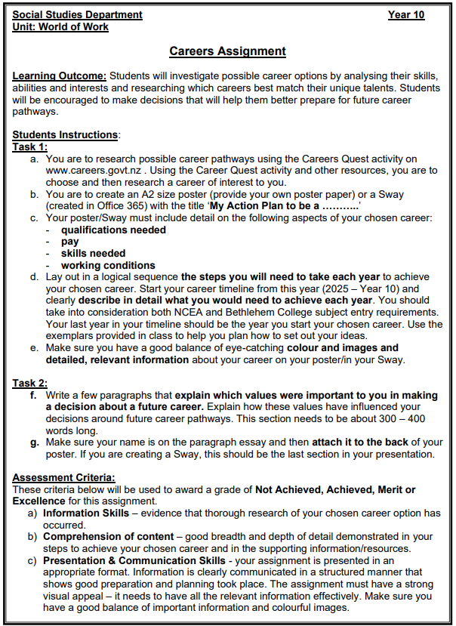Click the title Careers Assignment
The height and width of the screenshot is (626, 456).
(x=227, y=51)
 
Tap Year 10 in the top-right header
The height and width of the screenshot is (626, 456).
(x=405, y=14)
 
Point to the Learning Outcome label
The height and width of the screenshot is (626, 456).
(x=60, y=76)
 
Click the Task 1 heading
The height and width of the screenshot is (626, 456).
(x=30, y=147)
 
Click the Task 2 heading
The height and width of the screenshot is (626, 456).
(x=30, y=384)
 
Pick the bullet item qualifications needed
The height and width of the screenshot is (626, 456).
(x=113, y=230)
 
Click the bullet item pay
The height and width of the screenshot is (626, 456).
(x=70, y=242)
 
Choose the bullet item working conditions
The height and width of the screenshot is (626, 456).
(x=108, y=265)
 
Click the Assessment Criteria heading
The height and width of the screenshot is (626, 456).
(x=64, y=478)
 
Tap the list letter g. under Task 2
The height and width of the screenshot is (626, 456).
(x=35, y=443)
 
